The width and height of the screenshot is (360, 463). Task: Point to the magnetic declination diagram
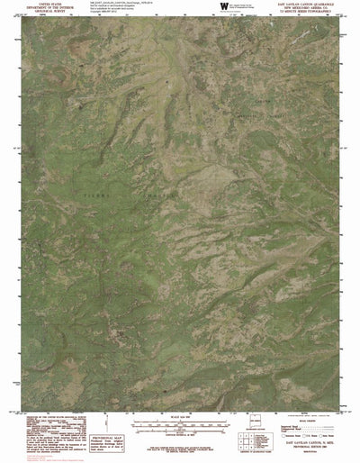[108, 431]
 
